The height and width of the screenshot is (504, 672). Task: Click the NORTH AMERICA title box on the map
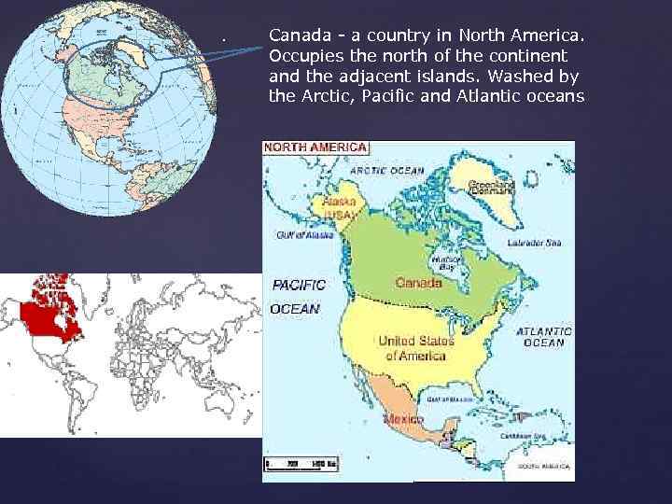point(315,147)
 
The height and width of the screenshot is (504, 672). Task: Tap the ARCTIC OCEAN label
point(387,171)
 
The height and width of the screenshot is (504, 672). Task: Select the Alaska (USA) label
point(339,206)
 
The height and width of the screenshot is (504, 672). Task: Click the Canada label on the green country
point(419,281)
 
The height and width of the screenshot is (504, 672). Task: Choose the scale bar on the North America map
point(299,464)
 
